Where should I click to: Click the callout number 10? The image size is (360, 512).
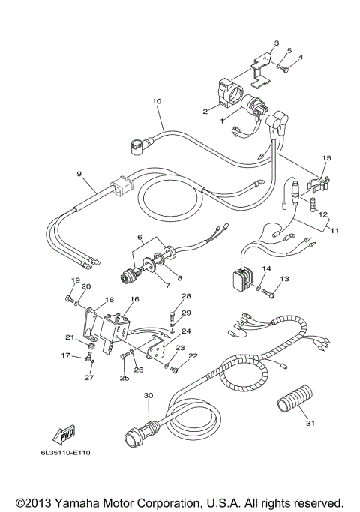(157, 100)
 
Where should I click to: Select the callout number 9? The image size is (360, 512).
(79, 174)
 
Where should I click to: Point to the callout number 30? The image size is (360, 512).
(148, 394)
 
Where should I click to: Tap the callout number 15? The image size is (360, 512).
(325, 158)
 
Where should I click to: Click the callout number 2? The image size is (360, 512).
(204, 111)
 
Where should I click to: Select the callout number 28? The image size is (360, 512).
(187, 296)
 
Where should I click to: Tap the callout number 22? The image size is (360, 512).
(193, 356)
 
